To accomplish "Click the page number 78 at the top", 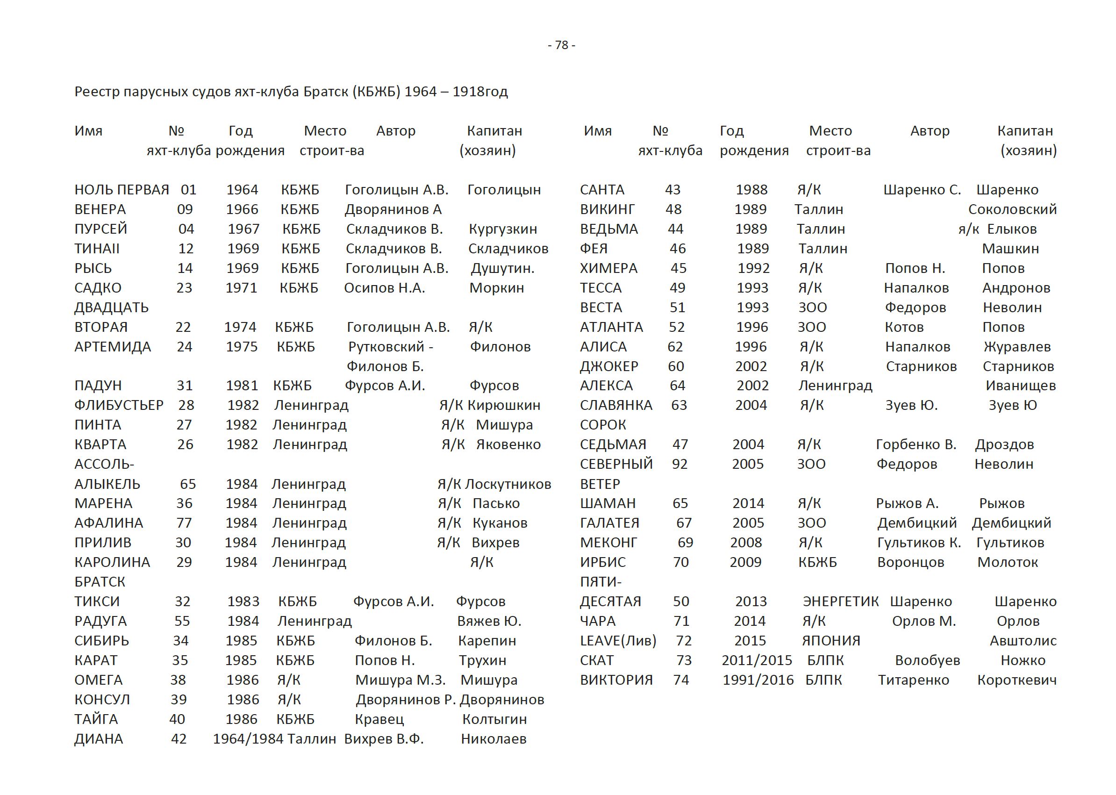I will [561, 45].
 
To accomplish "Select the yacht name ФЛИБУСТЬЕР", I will [119, 405].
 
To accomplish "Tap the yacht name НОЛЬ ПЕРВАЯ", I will [122, 190].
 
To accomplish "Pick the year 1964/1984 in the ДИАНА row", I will [248, 739].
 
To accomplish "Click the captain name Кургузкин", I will [503, 229].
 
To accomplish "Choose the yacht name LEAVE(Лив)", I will [618, 641].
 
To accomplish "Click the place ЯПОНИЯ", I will [830, 641].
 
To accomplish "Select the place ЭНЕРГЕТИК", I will [840, 602].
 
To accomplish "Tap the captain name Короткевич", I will [1016, 680].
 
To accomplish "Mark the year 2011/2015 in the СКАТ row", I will [756, 660].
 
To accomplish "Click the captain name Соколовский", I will [1012, 209].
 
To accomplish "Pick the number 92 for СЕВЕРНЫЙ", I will [680, 464].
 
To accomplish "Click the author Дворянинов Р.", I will [405, 700].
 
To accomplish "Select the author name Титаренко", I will [913, 680].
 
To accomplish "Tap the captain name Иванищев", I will [1021, 386].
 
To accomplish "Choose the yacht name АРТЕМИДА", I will [113, 347].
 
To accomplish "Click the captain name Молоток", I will [1007, 562].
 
